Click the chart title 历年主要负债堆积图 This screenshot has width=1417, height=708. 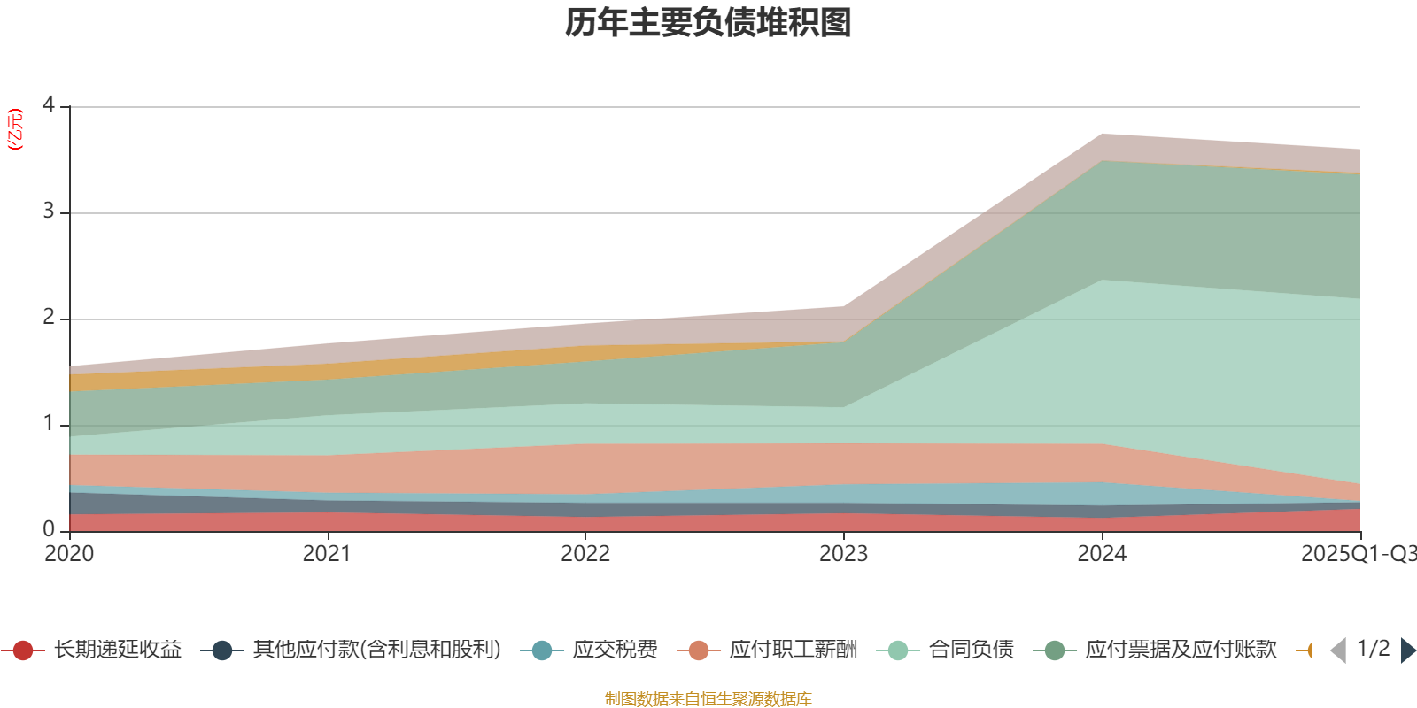(x=708, y=23)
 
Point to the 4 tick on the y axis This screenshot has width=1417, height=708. (x=49, y=105)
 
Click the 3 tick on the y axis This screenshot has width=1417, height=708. (x=49, y=212)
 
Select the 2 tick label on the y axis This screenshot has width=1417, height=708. (x=49, y=318)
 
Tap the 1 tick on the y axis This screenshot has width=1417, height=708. (x=49, y=424)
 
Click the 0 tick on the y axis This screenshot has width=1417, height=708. (x=49, y=530)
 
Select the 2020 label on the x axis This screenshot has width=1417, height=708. (x=69, y=554)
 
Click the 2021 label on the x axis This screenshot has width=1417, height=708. (x=327, y=554)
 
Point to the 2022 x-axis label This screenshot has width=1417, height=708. (x=585, y=554)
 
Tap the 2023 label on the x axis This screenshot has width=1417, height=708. (x=843, y=554)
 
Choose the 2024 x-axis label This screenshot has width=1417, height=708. (x=1102, y=554)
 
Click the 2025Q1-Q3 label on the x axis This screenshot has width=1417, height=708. (x=1358, y=554)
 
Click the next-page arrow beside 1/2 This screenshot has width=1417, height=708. (x=1408, y=650)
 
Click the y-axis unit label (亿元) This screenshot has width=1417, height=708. (x=15, y=129)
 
